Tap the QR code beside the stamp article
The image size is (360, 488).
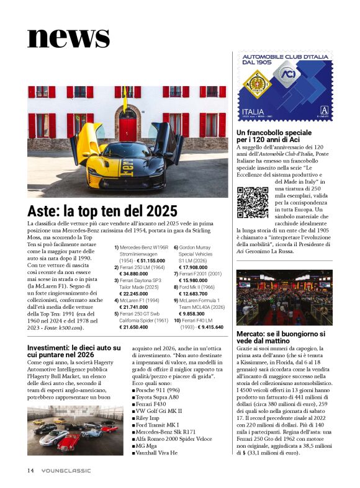click(x=253, y=202)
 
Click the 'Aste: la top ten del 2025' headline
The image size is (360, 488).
click(x=102, y=211)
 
